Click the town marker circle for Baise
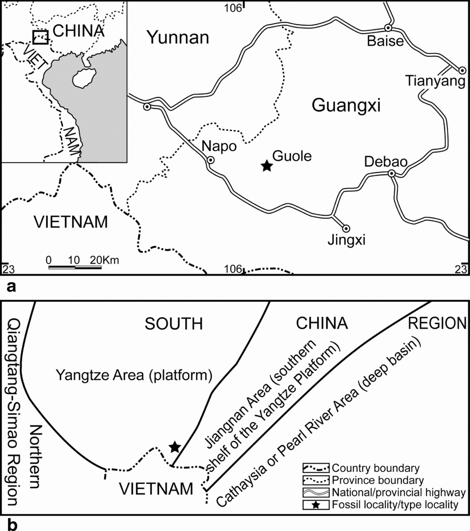(388, 28)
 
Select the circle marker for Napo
(211, 160)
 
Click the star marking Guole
(267, 166)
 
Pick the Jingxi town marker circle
(345, 228)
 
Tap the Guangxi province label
(346, 106)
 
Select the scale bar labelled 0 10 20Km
(75, 267)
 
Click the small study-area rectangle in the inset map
(40, 37)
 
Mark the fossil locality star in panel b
(175, 447)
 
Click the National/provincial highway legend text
(399, 492)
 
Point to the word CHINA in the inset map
(79, 31)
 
